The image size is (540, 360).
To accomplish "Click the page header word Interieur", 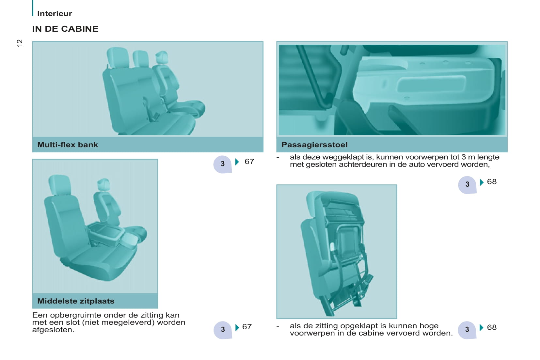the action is (55, 13).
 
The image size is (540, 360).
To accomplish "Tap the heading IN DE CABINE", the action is (65, 29).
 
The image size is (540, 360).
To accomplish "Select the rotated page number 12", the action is (20, 43).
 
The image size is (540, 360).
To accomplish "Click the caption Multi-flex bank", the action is (68, 145).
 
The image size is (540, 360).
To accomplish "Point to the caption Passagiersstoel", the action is (314, 145).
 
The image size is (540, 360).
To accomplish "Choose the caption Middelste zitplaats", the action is (76, 301).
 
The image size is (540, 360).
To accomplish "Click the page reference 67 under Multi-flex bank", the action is (249, 162).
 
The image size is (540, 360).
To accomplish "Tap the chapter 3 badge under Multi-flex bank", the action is (223, 164).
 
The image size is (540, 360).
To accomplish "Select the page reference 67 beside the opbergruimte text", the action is (247, 327).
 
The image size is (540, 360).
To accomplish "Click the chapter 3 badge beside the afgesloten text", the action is (223, 330).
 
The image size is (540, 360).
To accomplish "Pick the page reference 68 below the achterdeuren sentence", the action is (492, 181).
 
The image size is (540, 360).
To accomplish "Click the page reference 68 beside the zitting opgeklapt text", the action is (492, 327).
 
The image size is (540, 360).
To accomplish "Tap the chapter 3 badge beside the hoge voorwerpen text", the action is (467, 330).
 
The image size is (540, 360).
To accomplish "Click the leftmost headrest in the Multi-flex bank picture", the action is (118, 57).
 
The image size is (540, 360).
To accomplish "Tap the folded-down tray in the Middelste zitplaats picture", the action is (106, 231).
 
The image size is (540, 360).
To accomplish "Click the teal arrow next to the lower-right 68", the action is (482, 327).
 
